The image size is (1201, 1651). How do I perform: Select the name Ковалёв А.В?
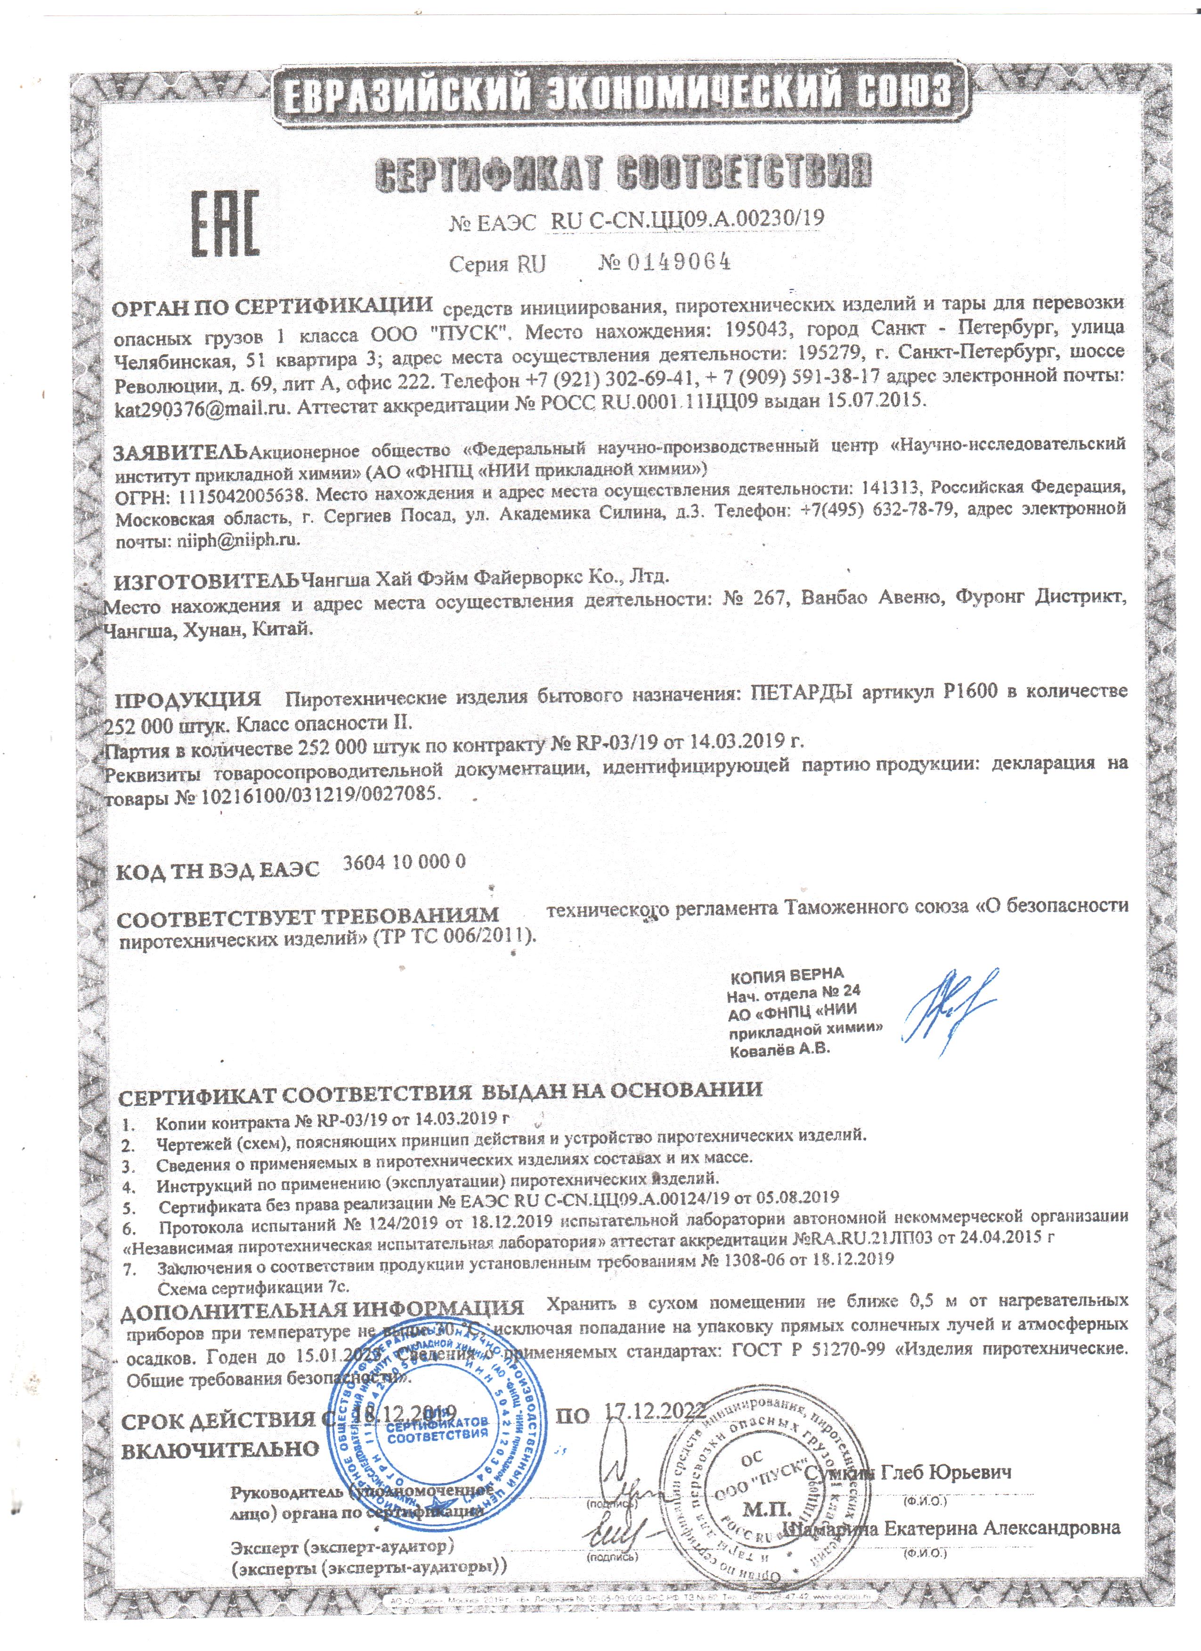[x=779, y=1050]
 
